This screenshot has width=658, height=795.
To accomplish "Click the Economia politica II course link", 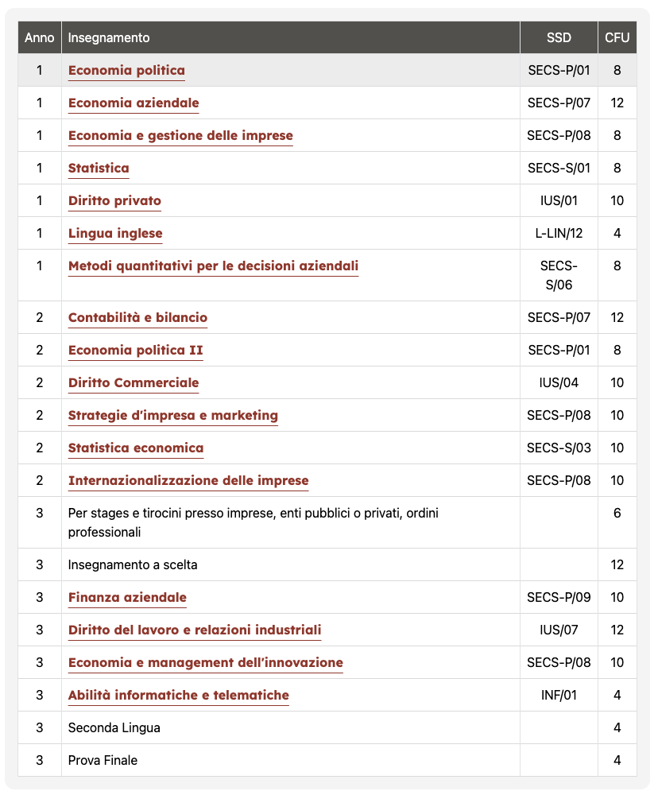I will pos(136,350).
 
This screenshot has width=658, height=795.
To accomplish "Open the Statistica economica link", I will pos(136,448).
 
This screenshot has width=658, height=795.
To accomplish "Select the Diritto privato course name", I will pos(114,200).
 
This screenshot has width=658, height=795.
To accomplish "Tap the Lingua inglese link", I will pos(115,233).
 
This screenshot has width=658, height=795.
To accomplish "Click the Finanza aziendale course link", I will pos(127,597).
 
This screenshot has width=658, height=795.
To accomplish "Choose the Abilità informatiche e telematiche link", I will pos(179,695).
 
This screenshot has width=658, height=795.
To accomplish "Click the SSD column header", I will pos(559,37).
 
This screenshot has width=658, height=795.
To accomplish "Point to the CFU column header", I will pos(617,37).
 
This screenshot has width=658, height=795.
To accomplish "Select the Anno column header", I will pos(40,37).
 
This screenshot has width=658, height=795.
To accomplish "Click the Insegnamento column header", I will pos(109,37).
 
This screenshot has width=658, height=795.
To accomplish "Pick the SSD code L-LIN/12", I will pos(559,233).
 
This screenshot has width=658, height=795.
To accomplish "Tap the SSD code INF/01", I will pos(559,695).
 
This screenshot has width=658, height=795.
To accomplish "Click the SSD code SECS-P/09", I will pos(559,597).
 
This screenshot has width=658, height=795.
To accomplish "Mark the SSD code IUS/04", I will pos(559,382).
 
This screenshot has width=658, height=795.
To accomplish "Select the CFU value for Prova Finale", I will pos(617,760).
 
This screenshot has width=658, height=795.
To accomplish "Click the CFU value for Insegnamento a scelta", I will pos(617,564).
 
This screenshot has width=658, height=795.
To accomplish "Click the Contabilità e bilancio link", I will pos(137,317).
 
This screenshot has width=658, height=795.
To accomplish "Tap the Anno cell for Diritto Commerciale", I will pos(40,382).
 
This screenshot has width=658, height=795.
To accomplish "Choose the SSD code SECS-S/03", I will pos(559,448).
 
